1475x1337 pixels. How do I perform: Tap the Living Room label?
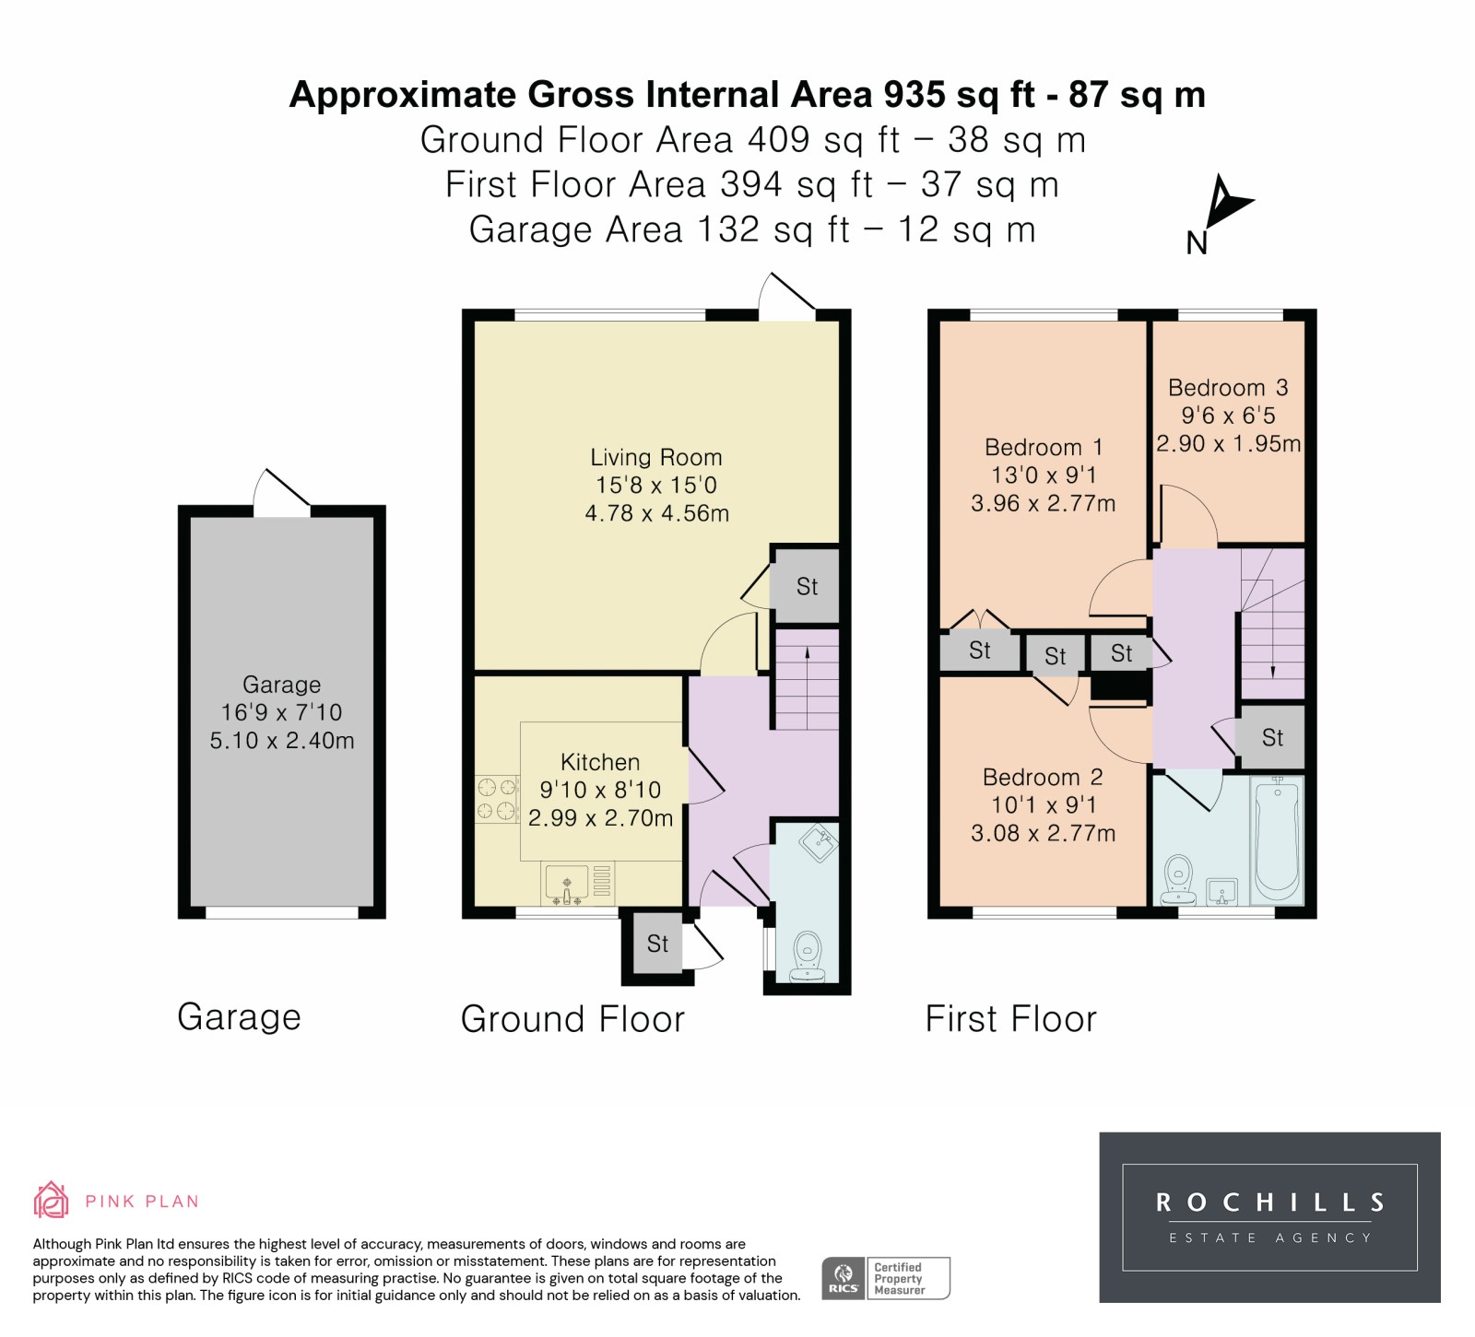point(656,457)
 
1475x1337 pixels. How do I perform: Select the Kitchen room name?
point(600,762)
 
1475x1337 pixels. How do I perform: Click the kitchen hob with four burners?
point(497,799)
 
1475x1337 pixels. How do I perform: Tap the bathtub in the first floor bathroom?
point(1277,839)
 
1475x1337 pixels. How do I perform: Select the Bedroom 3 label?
point(1228,388)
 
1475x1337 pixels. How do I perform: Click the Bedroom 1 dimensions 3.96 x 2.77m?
point(1044,503)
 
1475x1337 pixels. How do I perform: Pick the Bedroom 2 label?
point(1043,777)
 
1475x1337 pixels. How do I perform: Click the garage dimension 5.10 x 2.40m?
point(282,740)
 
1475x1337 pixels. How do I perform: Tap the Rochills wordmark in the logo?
point(1270,1202)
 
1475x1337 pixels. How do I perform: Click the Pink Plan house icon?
point(52,1200)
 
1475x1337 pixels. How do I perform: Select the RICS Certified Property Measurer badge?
point(886,1278)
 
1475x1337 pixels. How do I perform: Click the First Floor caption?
point(1011,1019)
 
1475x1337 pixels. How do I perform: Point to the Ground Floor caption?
point(572,1019)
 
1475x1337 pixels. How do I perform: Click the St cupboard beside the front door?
point(657,944)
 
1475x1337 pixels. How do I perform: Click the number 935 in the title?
point(914,94)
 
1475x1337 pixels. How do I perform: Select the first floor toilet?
point(1178,880)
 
